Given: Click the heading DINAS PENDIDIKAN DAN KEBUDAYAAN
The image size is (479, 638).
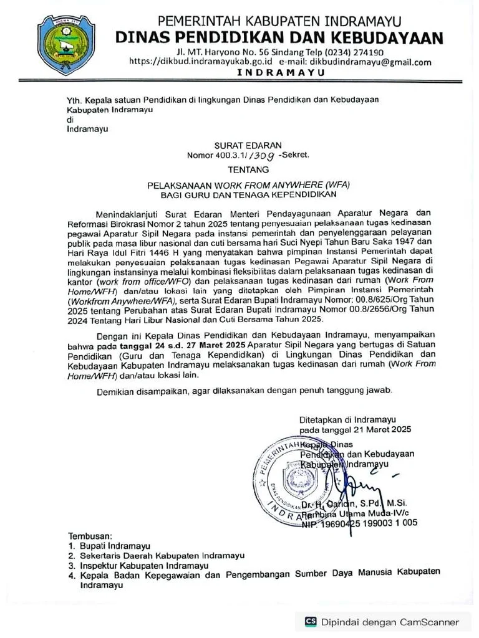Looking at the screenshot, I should (279, 37).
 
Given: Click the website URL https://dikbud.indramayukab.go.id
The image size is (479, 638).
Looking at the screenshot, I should (200, 62).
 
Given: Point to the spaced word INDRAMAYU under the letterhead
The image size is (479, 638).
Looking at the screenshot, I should (281, 73).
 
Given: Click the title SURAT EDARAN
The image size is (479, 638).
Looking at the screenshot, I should (248, 145).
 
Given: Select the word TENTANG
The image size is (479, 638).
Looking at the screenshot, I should (248, 169).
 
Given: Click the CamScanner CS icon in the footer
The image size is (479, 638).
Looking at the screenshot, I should (311, 621).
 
